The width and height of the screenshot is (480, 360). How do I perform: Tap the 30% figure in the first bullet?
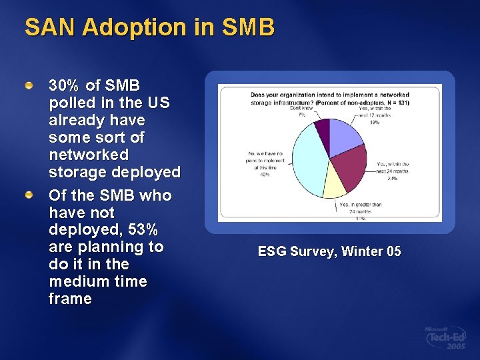[x=64, y=86]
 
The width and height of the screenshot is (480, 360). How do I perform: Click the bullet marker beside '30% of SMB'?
[x=29, y=86]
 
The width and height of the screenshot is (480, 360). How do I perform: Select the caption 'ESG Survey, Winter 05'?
[x=329, y=251]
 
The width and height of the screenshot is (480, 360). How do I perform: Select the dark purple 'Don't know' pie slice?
[x=323, y=129]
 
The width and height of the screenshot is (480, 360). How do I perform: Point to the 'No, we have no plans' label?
[x=265, y=163]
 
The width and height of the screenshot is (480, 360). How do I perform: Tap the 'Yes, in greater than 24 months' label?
[x=361, y=210]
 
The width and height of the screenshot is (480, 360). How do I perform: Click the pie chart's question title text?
[x=329, y=97]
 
